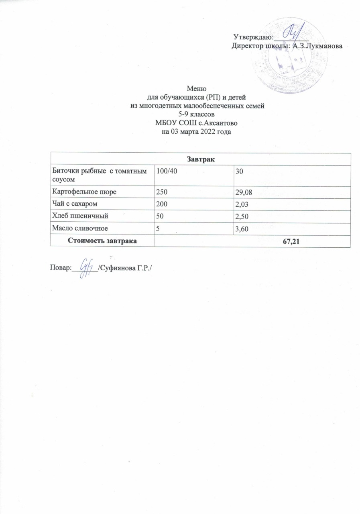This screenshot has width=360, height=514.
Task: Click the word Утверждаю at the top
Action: coord(253,38)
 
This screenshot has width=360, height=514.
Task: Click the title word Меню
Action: coord(197,89)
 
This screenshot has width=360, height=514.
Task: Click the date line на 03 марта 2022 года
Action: coord(197,131)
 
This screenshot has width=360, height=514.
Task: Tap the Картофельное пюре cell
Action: coord(85,192)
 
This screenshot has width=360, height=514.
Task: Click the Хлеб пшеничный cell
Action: coord(78,216)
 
